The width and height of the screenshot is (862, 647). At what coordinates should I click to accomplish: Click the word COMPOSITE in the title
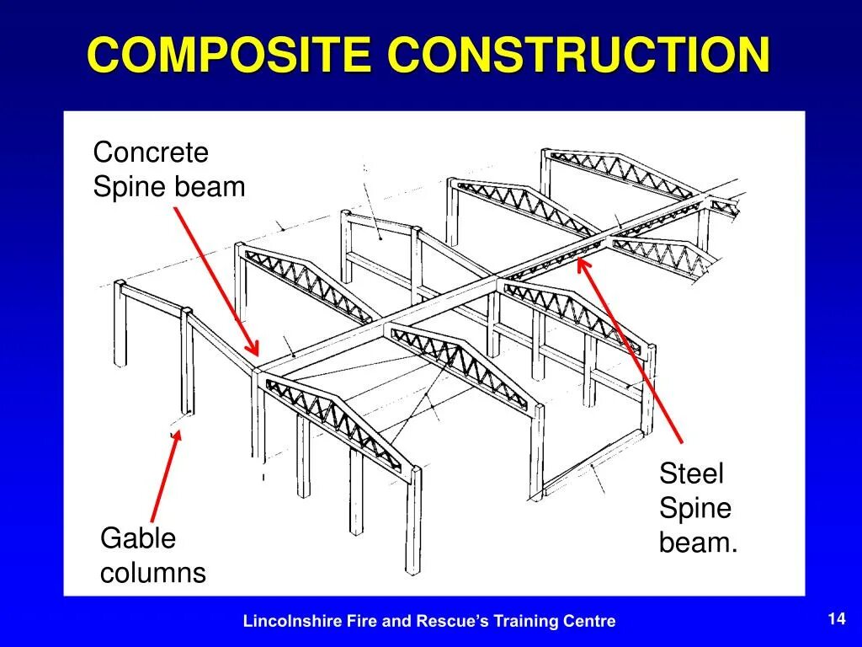pos(229,56)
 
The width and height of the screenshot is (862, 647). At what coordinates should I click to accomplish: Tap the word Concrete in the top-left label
pos(150,153)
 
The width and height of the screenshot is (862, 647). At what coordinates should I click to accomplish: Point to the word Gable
pos(138,538)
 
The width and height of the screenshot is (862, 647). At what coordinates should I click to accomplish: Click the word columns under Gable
pos(152,573)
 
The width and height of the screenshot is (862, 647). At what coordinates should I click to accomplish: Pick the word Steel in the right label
pos(691,473)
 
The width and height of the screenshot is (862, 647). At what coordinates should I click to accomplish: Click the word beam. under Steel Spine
pos(698,543)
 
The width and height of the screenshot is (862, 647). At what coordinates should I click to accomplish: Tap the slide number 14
pos(836,619)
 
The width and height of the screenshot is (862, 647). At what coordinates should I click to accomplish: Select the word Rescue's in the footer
pos(449,622)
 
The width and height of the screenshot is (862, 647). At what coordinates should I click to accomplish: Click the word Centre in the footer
pos(592,622)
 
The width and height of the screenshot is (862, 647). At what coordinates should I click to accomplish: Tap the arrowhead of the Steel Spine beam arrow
pos(582,263)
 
